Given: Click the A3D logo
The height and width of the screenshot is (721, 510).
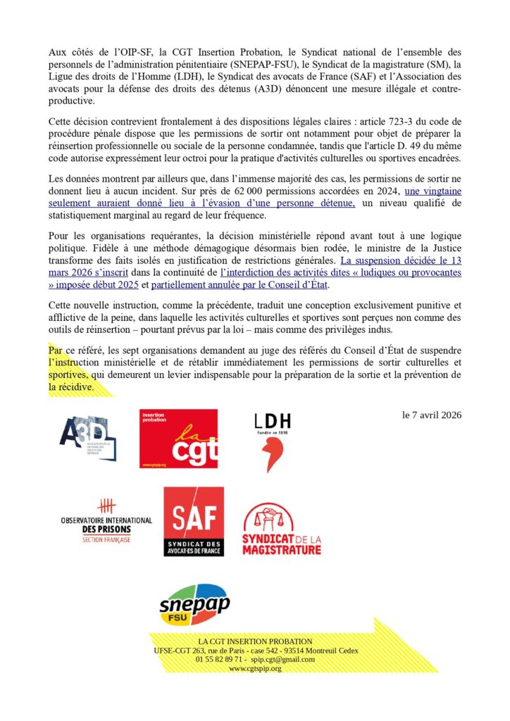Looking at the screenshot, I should click(88, 439).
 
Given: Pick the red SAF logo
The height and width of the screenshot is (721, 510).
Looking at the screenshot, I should click(194, 522).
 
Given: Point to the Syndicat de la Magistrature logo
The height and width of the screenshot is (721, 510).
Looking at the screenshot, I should click(281, 529).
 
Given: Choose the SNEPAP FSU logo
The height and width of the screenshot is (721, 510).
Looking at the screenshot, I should click(194, 604).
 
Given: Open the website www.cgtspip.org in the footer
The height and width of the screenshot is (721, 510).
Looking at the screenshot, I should click(255, 668).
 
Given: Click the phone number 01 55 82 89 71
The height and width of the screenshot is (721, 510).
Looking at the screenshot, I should click(219, 659).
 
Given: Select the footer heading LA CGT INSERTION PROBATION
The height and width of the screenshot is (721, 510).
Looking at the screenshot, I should click(255, 641).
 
